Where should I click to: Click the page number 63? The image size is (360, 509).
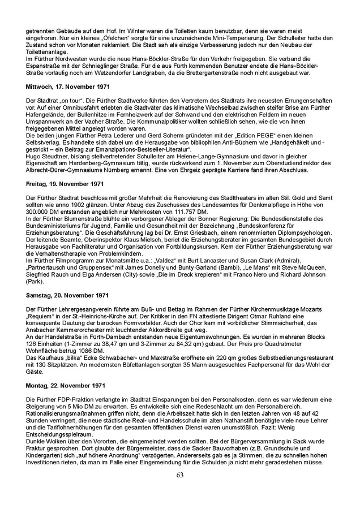[x=180, y=475]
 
